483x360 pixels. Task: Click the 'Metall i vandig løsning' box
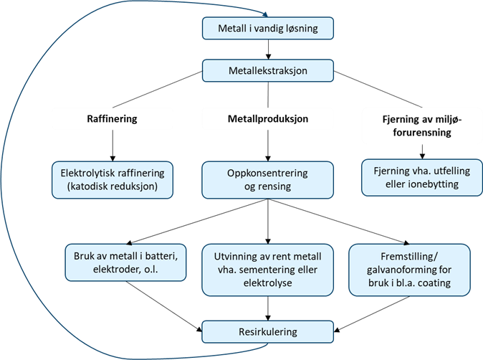point(267,29)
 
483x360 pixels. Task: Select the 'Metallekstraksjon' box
point(268,71)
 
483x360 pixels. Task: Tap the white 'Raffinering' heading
point(111,118)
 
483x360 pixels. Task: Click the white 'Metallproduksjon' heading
point(267,118)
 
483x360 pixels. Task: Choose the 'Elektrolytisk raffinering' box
point(113,179)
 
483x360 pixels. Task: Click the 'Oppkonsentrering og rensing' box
point(267,179)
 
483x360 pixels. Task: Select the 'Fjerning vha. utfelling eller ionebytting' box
point(416,178)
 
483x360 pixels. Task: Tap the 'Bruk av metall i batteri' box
point(125,262)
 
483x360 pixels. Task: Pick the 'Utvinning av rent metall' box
point(267,269)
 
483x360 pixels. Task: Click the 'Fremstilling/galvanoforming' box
point(409,269)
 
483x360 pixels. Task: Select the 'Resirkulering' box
point(267,332)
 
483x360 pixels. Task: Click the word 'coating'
point(433,282)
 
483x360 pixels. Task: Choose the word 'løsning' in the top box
point(301,29)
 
